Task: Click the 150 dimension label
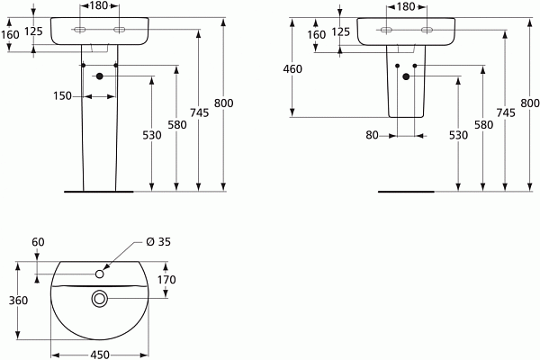pyautogui.click(x=61, y=95)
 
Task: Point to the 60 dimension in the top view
pyautogui.click(x=38, y=242)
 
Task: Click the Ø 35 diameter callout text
pyautogui.click(x=157, y=242)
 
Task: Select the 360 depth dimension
pyautogui.click(x=18, y=300)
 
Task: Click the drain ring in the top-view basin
pyautogui.click(x=98, y=298)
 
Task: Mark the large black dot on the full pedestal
pyautogui.click(x=99, y=76)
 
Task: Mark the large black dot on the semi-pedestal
pyautogui.click(x=405, y=76)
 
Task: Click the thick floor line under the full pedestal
pyautogui.click(x=99, y=192)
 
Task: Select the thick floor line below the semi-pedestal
pyautogui.click(x=405, y=192)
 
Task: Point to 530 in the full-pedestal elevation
pyautogui.click(x=151, y=135)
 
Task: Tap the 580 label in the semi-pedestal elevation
pyautogui.click(x=482, y=125)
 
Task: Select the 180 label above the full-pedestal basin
pyautogui.click(x=99, y=6)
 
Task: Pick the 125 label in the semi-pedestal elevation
pyautogui.click(x=341, y=32)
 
